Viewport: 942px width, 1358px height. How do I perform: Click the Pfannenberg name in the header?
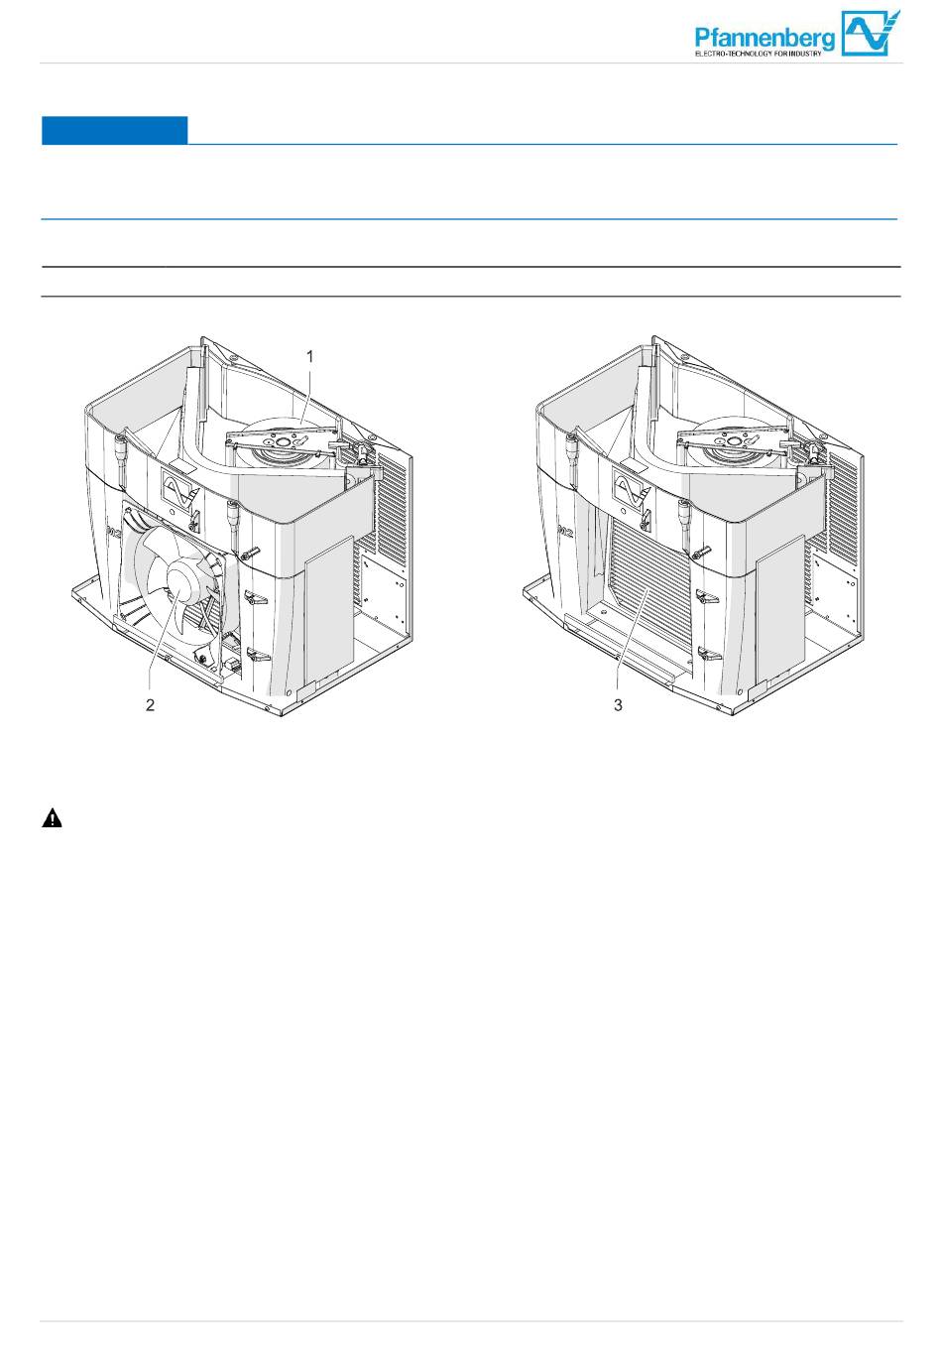pyautogui.click(x=765, y=39)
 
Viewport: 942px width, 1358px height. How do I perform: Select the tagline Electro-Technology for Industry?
pyautogui.click(x=758, y=54)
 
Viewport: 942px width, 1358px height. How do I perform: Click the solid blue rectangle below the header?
pyautogui.click(x=115, y=130)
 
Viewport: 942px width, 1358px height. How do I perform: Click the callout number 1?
pyautogui.click(x=310, y=357)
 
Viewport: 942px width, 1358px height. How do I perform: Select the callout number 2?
pyautogui.click(x=150, y=704)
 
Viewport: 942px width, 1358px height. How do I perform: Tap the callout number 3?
pyautogui.click(x=618, y=704)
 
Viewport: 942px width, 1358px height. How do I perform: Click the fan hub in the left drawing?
pyautogui.click(x=180, y=582)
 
